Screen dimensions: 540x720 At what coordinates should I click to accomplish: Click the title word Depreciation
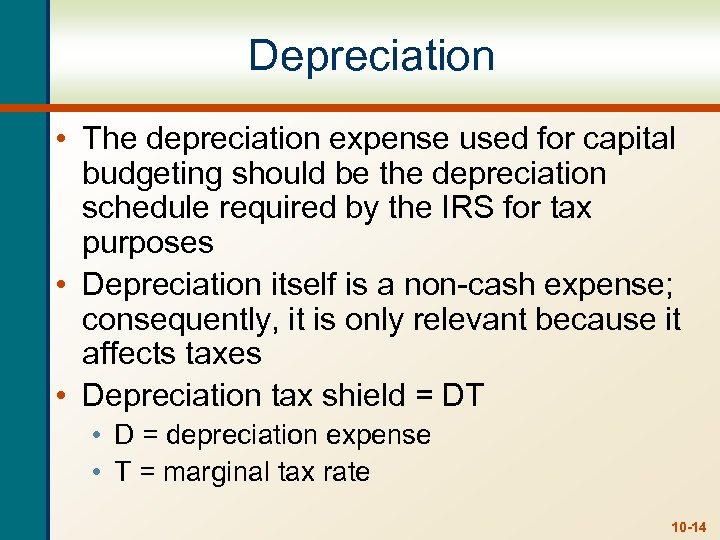pos(371,56)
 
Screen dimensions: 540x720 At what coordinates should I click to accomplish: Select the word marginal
pos(214,472)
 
